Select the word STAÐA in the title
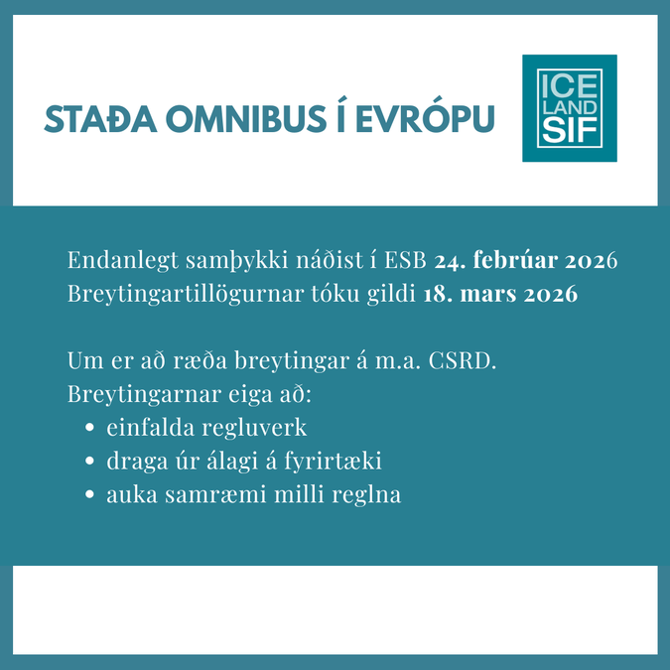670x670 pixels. (101, 119)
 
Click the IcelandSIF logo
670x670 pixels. (570, 108)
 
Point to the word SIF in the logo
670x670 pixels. (570, 131)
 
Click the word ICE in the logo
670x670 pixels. (570, 85)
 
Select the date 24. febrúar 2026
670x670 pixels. (526, 260)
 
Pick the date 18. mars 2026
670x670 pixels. (500, 294)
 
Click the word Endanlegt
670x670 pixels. (123, 261)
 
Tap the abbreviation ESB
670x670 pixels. (406, 260)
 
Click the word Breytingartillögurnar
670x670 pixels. (186, 295)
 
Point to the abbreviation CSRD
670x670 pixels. (463, 361)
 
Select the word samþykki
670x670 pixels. (237, 261)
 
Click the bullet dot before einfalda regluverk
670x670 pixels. (89, 427)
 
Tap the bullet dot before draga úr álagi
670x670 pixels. (89, 461)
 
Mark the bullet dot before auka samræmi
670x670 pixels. (89, 494)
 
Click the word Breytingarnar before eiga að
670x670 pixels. (145, 395)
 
